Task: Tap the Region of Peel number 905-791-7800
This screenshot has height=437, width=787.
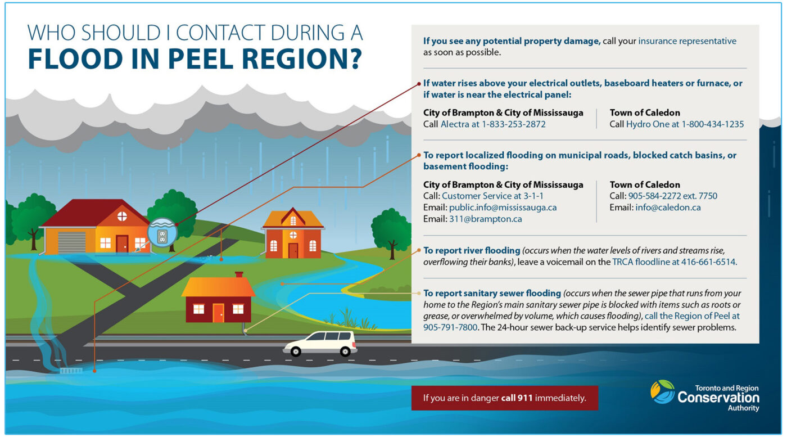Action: pyautogui.click(x=450, y=327)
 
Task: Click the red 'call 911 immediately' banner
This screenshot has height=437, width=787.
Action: pyautogui.click(x=504, y=398)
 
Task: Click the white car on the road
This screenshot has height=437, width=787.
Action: pyautogui.click(x=320, y=343)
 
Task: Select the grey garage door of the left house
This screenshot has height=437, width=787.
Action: pyautogui.click(x=71, y=242)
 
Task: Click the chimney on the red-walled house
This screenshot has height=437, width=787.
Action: pyautogui.click(x=239, y=275)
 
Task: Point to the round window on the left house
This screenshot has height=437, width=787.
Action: pyautogui.click(x=122, y=217)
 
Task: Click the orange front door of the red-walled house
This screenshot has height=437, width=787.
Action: pyautogui.click(x=218, y=313)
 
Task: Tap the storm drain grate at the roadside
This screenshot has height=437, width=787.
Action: pyautogui.click(x=70, y=371)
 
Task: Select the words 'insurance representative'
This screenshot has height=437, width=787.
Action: pyautogui.click(x=687, y=41)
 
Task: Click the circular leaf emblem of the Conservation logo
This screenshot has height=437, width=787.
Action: pyautogui.click(x=662, y=391)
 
